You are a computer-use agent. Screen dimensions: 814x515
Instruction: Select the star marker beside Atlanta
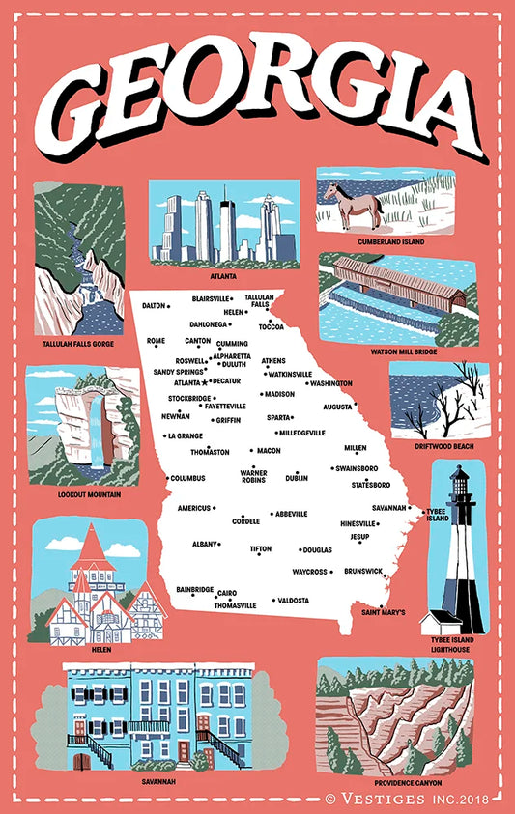pyautogui.click(x=205, y=382)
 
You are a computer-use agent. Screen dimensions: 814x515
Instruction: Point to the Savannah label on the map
pyautogui.click(x=389, y=508)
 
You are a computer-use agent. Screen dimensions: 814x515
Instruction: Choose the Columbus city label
pyautogui.click(x=189, y=478)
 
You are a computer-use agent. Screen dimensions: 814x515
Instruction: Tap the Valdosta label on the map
pyautogui.click(x=294, y=601)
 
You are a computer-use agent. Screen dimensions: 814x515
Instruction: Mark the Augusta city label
pyautogui.click(x=337, y=407)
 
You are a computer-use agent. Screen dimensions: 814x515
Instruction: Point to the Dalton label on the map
pyautogui.click(x=154, y=305)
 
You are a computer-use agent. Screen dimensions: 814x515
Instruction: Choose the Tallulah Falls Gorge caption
pyautogui.click(x=77, y=343)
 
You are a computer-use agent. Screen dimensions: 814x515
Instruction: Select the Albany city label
pyautogui.click(x=204, y=545)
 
